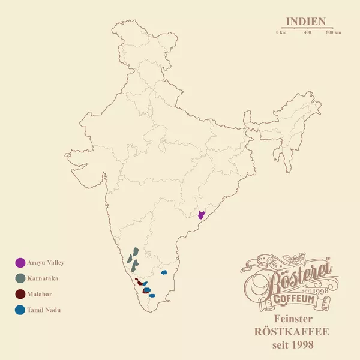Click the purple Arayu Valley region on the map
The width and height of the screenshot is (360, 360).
tap(202, 215)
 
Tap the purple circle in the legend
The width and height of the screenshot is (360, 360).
tap(20, 263)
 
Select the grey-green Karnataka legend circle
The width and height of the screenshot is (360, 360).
tap(20, 278)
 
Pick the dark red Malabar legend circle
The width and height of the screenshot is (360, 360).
tap(20, 294)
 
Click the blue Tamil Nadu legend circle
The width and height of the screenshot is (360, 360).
tap(20, 310)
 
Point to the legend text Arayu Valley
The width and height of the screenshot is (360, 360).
tap(46, 263)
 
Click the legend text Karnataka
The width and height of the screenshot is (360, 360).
tap(43, 278)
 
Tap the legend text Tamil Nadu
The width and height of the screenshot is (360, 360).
tap(44, 310)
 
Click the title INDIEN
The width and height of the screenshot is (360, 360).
tap(306, 22)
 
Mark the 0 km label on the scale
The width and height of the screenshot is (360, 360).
tap(281, 32)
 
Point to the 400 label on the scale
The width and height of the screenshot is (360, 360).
tap(307, 32)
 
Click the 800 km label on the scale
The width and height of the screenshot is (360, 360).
tap(334, 32)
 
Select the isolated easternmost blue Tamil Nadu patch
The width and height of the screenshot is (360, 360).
tap(164, 272)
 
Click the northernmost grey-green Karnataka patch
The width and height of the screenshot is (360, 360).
tap(136, 251)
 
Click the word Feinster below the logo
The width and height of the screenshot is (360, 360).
tap(293, 318)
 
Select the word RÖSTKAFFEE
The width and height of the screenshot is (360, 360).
tap(293, 332)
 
